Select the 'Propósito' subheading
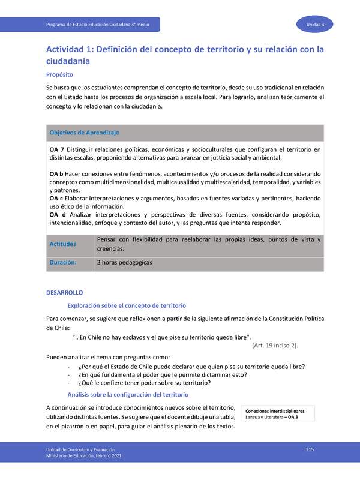coord(59,75)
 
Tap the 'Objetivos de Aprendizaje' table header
coord(84,132)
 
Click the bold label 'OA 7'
coord(57,149)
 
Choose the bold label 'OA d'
coord(57,215)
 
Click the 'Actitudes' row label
coord(64,244)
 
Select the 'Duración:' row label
coord(64,263)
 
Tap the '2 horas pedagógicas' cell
coord(124,263)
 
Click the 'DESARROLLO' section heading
coord(64,293)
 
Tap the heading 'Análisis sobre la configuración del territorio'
coord(129,394)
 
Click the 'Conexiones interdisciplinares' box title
coord(275,411)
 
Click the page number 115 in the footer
coord(310,449)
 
